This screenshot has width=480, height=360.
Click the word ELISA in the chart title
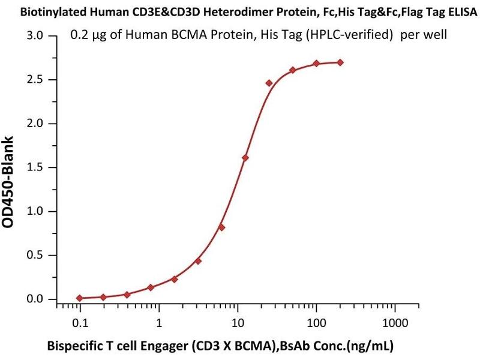(462, 11)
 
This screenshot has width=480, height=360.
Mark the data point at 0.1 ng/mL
(80, 298)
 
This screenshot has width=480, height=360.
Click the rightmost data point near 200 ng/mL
(340, 62)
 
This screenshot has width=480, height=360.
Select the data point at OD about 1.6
(245, 158)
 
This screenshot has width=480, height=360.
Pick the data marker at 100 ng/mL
(316, 64)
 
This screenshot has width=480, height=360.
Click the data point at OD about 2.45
(269, 83)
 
